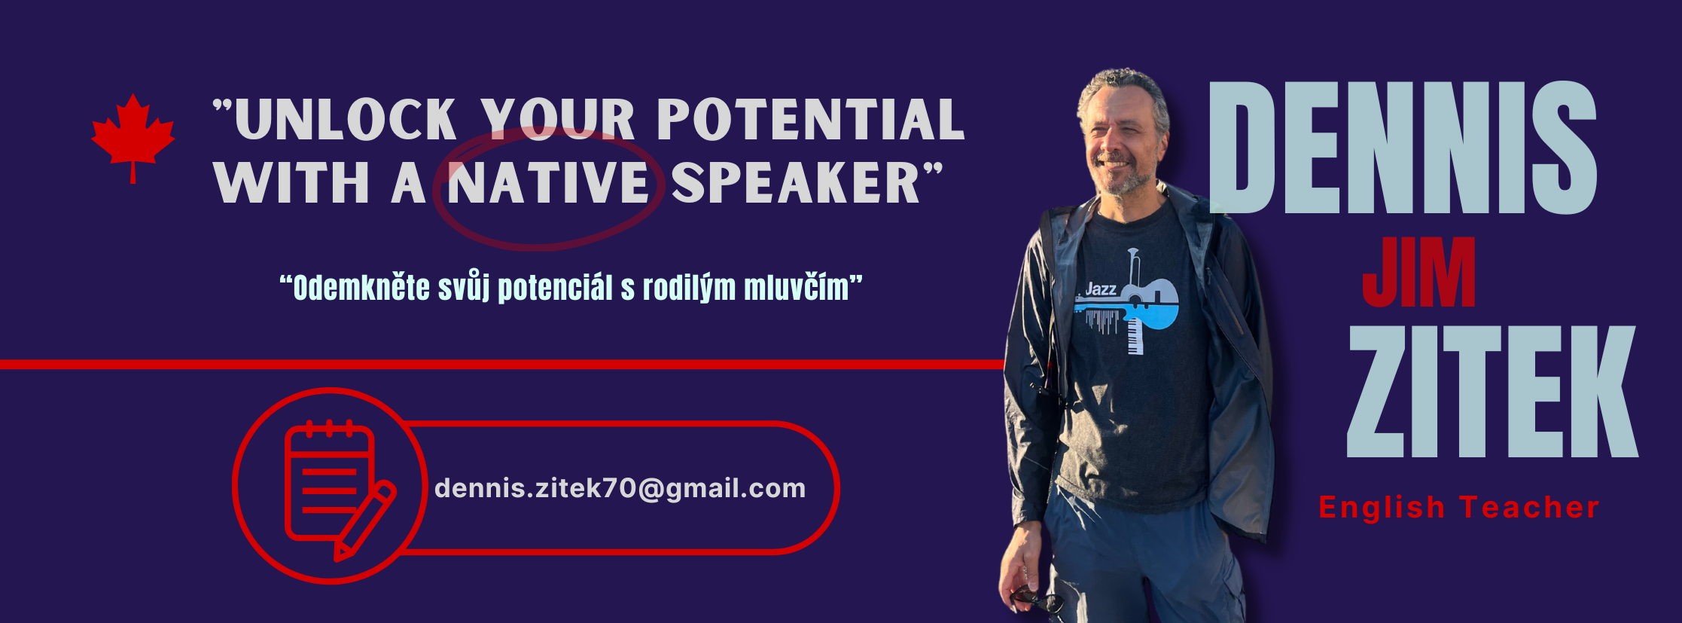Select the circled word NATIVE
coord(548,183)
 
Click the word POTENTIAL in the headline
coord(811,120)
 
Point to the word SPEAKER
coord(797,183)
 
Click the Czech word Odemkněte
coord(361,288)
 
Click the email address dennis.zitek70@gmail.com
coord(620,488)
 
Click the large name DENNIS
coord(1403,148)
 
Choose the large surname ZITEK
coord(1493,391)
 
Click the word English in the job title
coord(1382,508)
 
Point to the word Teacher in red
coord(1529,508)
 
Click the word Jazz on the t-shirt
coord(1101,289)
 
